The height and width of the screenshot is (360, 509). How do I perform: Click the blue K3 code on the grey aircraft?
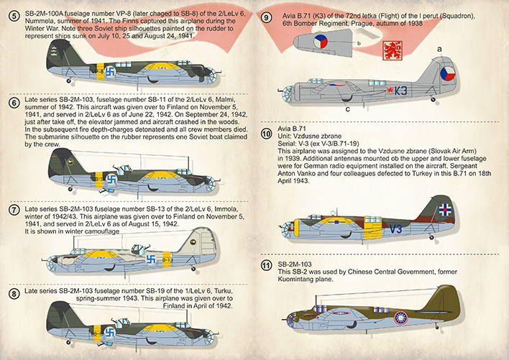click(x=421, y=91)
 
